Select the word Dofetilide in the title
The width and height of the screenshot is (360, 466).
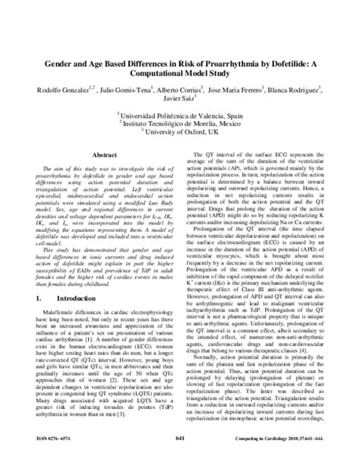[x=288, y=66]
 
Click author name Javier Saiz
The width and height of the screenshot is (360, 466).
[x=178, y=103]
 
